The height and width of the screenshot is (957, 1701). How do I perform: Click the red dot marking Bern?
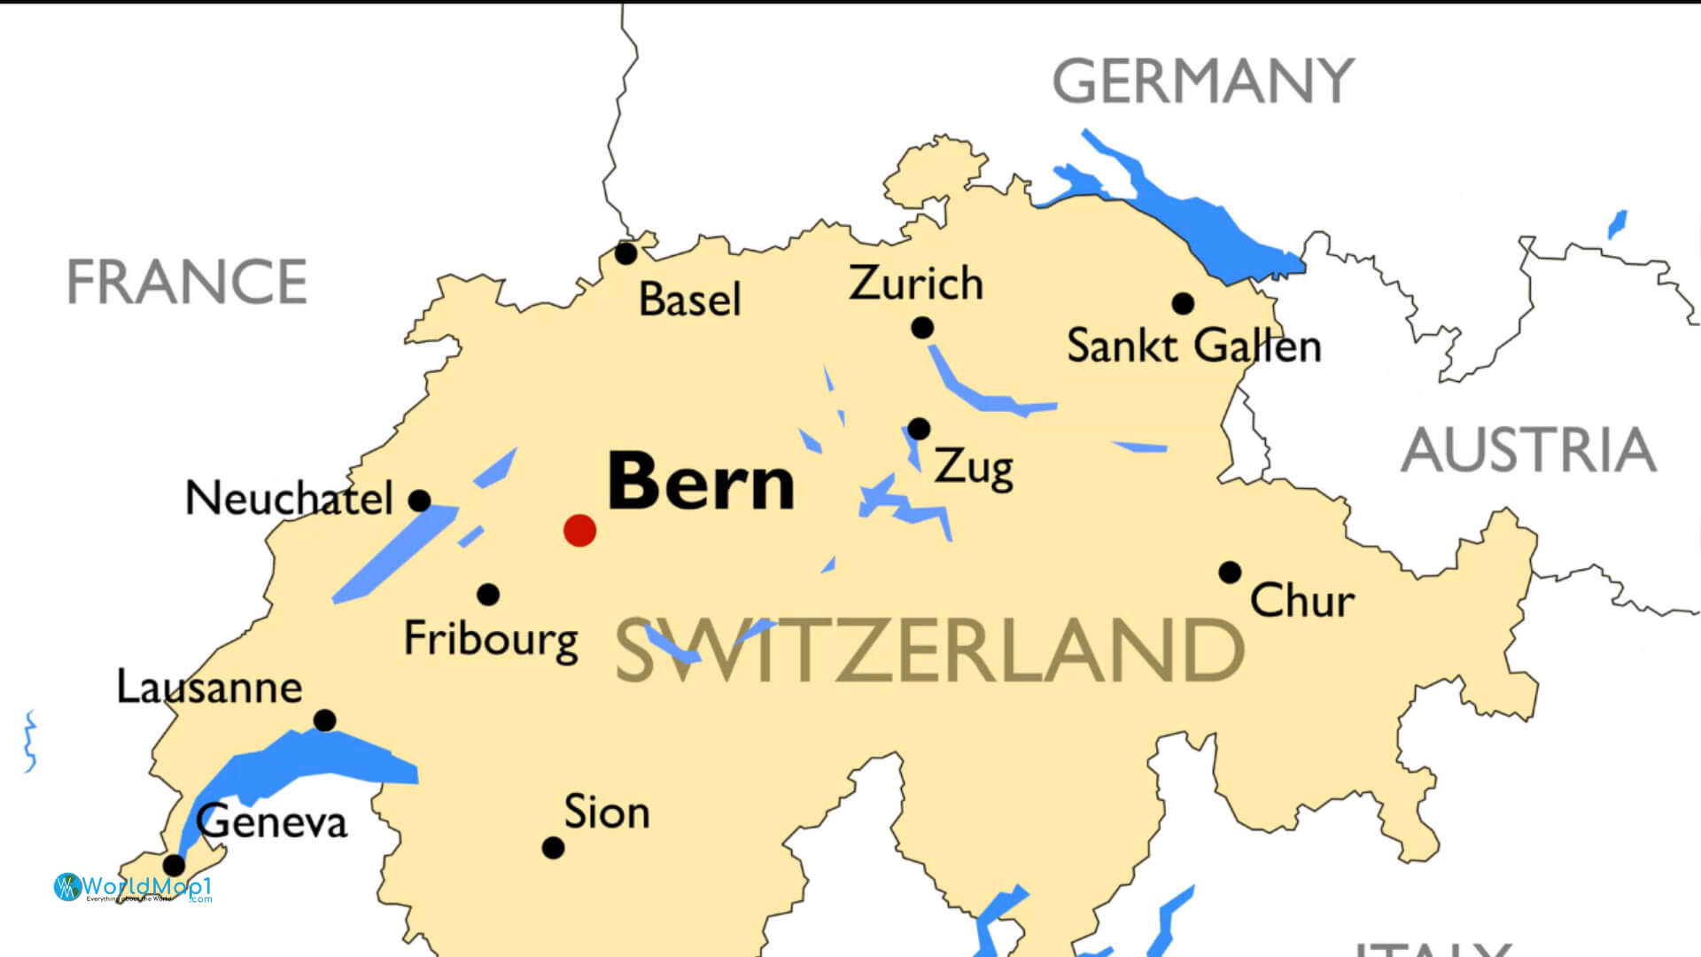click(x=579, y=530)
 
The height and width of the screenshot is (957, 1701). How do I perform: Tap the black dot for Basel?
click(x=625, y=253)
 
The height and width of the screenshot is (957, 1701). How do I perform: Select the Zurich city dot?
click(x=921, y=328)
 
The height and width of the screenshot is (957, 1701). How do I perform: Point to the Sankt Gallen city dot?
click(x=1182, y=303)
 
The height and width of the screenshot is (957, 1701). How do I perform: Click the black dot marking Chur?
click(x=1229, y=572)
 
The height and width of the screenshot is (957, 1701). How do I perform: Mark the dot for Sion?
click(x=553, y=848)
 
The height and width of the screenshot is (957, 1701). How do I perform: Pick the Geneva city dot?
click(x=175, y=865)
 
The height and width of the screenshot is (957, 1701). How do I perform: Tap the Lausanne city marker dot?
click(x=325, y=720)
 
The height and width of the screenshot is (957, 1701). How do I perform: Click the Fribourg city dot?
click(x=487, y=595)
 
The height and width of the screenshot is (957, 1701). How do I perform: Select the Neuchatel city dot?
click(x=419, y=501)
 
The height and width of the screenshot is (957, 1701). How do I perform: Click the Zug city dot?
click(x=919, y=429)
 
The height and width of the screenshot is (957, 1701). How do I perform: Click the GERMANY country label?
click(x=1202, y=81)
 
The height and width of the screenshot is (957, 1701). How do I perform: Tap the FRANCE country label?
click(x=187, y=282)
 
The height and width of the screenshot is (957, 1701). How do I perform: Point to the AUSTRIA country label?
click(x=1528, y=450)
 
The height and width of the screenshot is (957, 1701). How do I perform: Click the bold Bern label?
click(x=701, y=482)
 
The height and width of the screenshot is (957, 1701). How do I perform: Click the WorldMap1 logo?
click(x=133, y=887)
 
